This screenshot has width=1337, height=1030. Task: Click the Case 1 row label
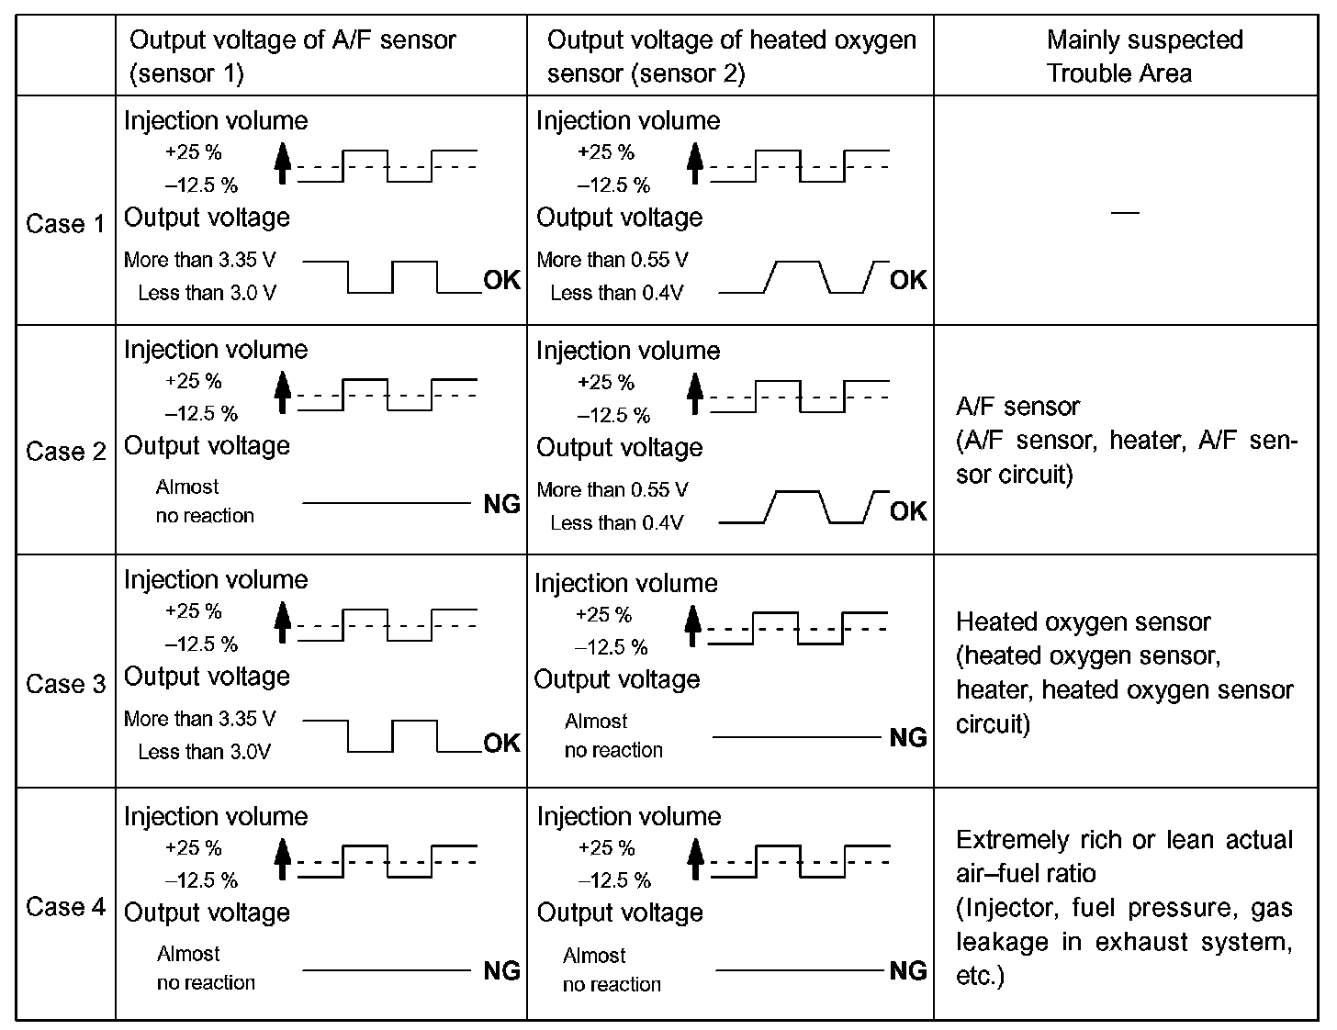click(x=65, y=223)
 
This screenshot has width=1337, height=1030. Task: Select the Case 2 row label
click(x=65, y=452)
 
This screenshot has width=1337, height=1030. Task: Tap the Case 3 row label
click(x=65, y=684)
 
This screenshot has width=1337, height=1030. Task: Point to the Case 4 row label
click(x=65, y=907)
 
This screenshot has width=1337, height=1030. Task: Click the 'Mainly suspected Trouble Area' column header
click(x=1144, y=56)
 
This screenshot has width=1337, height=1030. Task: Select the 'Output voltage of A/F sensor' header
click(x=292, y=56)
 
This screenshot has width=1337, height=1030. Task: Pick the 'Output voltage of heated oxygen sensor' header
click(x=731, y=56)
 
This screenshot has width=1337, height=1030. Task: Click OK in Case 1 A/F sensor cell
click(x=501, y=280)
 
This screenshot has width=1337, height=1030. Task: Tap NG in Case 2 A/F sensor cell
click(x=501, y=504)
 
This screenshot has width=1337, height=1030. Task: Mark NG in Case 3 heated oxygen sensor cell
click(x=908, y=737)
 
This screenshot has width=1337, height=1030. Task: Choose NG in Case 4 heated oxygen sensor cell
click(x=908, y=970)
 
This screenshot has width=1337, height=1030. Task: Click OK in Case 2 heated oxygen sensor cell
click(x=908, y=511)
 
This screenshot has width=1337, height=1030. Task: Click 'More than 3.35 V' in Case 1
click(x=199, y=260)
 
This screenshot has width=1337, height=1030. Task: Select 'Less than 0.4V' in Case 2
click(x=616, y=523)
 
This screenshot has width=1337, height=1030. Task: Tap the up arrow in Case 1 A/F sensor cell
click(x=283, y=162)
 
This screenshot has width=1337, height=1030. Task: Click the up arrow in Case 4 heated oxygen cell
click(x=695, y=858)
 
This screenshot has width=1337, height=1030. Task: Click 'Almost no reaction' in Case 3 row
click(x=613, y=735)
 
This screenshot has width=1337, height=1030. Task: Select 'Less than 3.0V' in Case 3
click(x=204, y=752)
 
